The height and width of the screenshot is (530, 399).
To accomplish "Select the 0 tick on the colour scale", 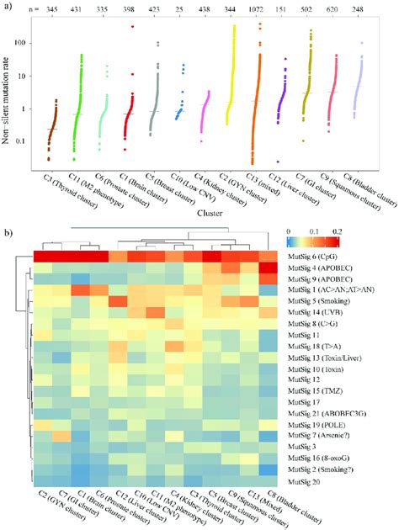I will coord(289,230).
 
